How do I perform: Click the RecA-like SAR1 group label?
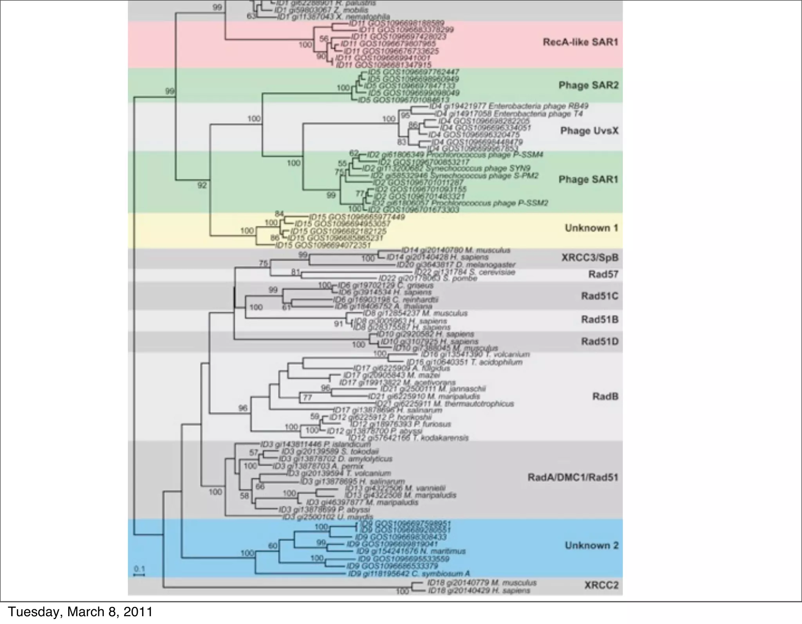(x=580, y=42)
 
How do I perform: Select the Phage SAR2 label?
(x=588, y=85)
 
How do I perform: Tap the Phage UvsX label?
(x=589, y=130)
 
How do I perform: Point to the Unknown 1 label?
(x=591, y=228)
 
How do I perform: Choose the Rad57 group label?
(x=603, y=274)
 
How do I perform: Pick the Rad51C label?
(x=600, y=296)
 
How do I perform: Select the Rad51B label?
(x=600, y=319)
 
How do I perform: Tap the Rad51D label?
(x=600, y=341)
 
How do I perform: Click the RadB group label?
(x=605, y=396)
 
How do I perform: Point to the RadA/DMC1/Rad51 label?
(x=573, y=477)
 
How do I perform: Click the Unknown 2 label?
(x=591, y=545)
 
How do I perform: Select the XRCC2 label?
(x=601, y=585)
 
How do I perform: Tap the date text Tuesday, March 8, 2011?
(x=80, y=611)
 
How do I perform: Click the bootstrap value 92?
(x=202, y=185)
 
